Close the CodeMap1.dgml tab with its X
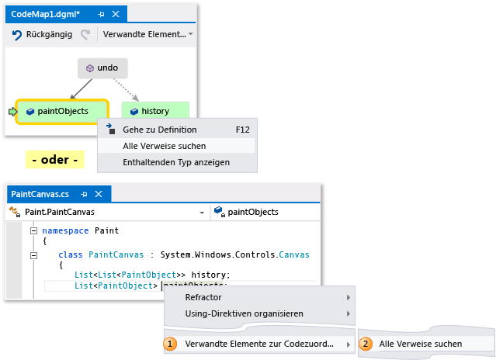116,14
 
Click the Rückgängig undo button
42,35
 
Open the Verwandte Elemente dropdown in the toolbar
147,35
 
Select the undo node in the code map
102,68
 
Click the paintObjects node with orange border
62,111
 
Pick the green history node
154,111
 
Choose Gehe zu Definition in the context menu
160,130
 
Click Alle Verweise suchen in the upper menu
165,146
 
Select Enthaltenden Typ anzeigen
175,162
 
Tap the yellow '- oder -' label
55,161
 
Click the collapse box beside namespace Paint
34,230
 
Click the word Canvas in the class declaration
294,254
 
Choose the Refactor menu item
203,297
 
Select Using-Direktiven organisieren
244,313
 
